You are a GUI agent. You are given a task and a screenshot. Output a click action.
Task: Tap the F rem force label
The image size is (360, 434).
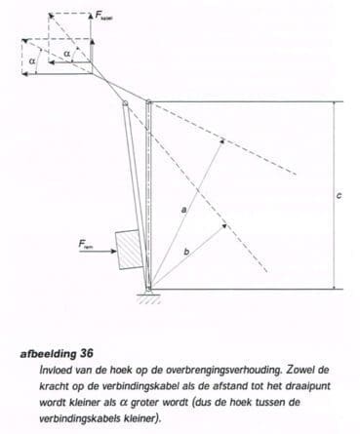point(89,245)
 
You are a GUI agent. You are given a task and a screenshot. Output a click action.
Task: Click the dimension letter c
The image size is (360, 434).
point(338,195)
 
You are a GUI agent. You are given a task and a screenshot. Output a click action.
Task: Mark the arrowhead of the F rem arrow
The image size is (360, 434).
point(110,252)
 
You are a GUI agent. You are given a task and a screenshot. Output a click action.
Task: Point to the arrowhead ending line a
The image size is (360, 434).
point(221,140)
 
